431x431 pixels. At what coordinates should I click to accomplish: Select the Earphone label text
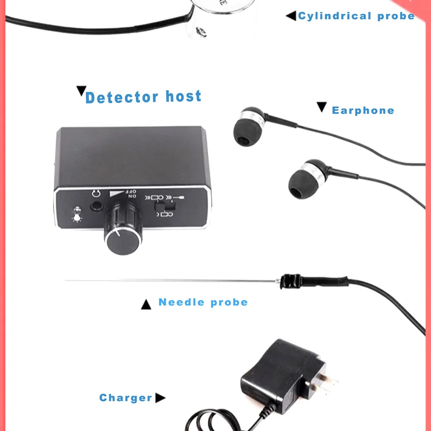tap(363, 110)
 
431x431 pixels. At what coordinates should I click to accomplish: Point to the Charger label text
tap(126, 398)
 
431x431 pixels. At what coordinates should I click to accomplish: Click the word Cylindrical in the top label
tap(334, 16)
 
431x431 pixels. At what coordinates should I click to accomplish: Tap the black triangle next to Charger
tap(160, 398)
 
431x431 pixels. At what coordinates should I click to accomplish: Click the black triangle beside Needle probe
tap(147, 305)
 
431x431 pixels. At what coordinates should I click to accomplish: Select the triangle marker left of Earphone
tap(322, 106)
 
